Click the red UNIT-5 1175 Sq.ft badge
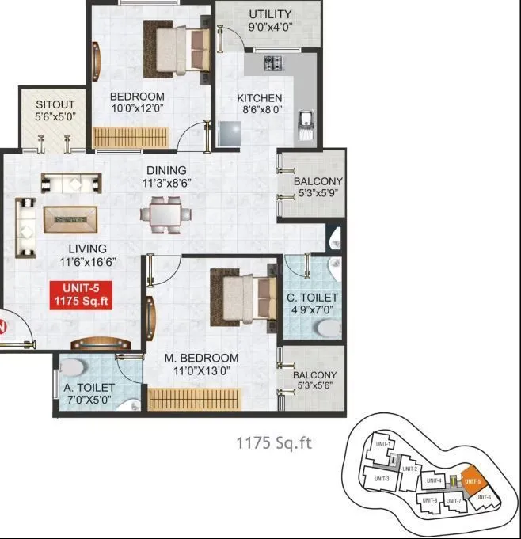click(80, 294)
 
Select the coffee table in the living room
click(70, 219)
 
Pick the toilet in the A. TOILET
click(74, 368)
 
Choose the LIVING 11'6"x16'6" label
click(87, 255)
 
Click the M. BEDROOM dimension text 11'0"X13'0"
click(201, 370)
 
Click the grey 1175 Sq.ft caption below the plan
click(274, 442)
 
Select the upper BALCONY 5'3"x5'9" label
click(318, 187)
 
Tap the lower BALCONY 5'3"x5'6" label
click(314, 381)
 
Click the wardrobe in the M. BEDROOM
click(193, 400)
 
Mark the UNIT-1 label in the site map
click(383, 446)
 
